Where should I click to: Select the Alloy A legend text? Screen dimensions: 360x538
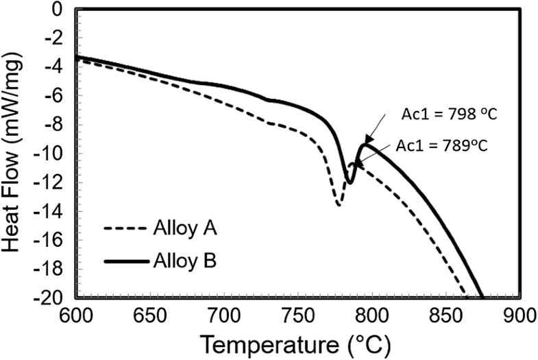[183, 228]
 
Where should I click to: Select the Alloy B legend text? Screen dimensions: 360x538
[183, 261]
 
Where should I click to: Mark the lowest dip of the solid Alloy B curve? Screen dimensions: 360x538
[350, 183]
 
